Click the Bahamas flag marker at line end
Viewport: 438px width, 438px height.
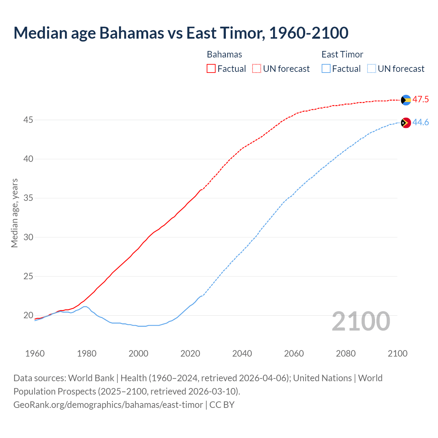pyautogui.click(x=406, y=100)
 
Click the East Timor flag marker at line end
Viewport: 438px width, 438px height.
pyautogui.click(x=406, y=123)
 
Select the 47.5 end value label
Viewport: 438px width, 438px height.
pyautogui.click(x=421, y=100)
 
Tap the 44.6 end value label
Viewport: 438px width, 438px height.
pyautogui.click(x=421, y=123)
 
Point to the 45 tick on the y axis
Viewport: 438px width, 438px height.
pyautogui.click(x=28, y=120)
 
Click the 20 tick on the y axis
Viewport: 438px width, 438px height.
pyautogui.click(x=28, y=315)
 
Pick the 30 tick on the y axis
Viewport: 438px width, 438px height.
pyautogui.click(x=28, y=237)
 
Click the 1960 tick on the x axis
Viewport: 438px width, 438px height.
pyautogui.click(x=35, y=353)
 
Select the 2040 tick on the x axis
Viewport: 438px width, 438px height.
pyautogui.click(x=242, y=353)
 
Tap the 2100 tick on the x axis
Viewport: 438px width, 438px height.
pyautogui.click(x=397, y=353)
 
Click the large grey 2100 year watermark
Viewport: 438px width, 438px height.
pyautogui.click(x=361, y=321)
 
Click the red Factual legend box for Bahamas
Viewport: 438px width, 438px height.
pyautogui.click(x=211, y=69)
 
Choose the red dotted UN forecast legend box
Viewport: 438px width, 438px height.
pyautogui.click(x=257, y=69)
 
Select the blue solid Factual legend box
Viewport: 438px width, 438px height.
pyautogui.click(x=326, y=69)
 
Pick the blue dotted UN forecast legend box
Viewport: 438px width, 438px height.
pyautogui.click(x=371, y=69)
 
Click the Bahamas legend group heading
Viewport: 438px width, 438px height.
pyautogui.click(x=224, y=54)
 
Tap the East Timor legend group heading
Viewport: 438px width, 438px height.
pyautogui.click(x=342, y=54)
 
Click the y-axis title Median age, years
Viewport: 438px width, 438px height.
pyautogui.click(x=14, y=213)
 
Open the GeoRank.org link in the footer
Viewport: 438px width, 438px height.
pyautogui.click(x=108, y=405)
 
